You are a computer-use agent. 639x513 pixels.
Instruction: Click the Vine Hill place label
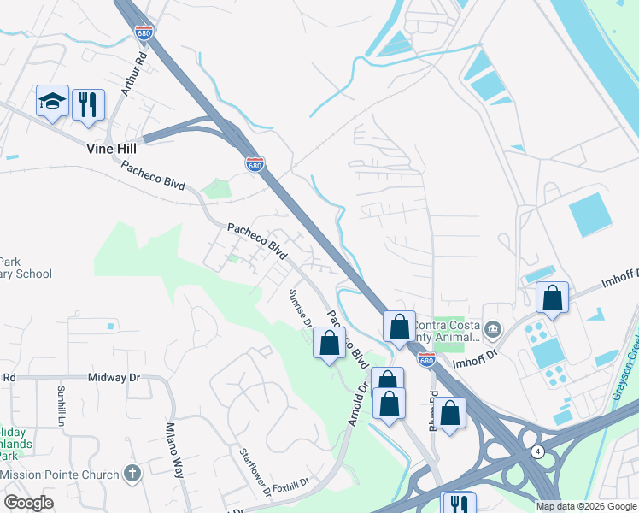pos(111,148)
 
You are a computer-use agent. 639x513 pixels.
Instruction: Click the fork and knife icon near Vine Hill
pos(88,104)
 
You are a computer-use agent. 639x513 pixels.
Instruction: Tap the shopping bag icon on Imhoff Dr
pos(553,298)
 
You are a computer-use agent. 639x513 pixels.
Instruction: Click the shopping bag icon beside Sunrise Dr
pos(330,343)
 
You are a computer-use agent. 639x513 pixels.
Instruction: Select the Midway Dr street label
pos(115,377)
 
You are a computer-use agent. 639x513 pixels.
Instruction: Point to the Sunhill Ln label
pos(61,405)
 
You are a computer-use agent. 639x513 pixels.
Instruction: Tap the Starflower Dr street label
pos(255,473)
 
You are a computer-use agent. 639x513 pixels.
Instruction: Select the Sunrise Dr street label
pos(300,309)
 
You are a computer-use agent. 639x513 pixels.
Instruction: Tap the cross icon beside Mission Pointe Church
pos(132,473)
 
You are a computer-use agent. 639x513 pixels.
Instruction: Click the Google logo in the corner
pos(28,503)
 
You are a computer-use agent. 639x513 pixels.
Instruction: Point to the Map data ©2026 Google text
pos(585,506)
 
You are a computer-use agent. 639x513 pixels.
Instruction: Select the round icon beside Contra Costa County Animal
pos(492,330)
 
